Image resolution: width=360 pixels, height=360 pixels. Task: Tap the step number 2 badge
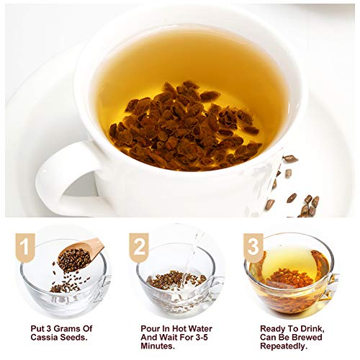pyautogui.click(x=138, y=247)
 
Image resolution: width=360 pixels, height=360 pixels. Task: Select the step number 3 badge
pyautogui.click(x=253, y=247)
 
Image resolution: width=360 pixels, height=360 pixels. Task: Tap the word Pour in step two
pyautogui.click(x=153, y=327)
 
